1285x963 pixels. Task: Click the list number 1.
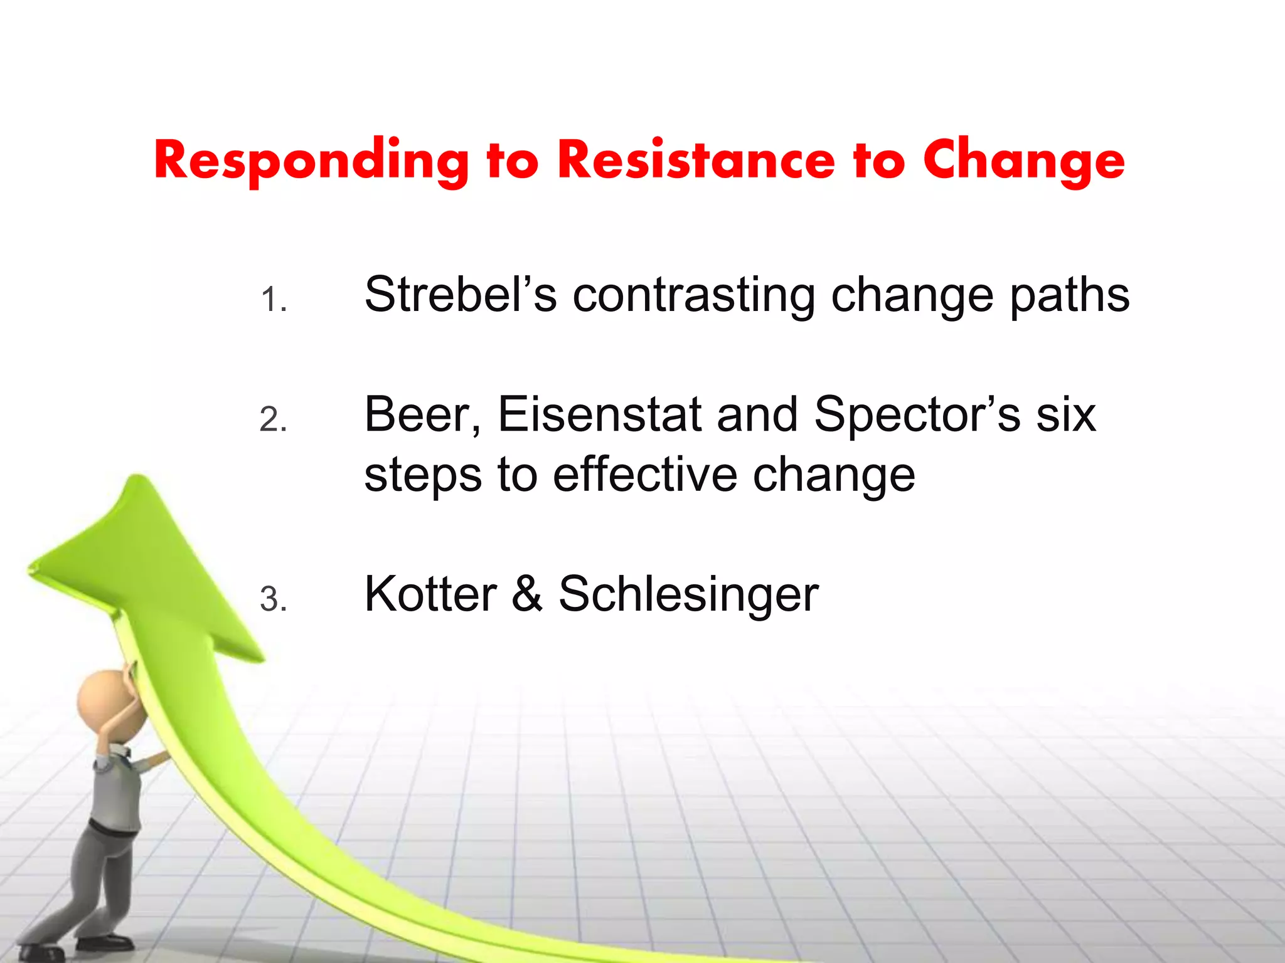tap(274, 300)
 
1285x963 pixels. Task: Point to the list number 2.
tap(274, 419)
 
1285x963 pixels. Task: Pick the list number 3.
tap(274, 599)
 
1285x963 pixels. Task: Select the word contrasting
tap(694, 295)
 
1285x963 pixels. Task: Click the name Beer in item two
tap(422, 414)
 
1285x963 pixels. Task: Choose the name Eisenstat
tap(600, 414)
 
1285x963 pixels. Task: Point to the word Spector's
tap(917, 416)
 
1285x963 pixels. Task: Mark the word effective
tap(645, 474)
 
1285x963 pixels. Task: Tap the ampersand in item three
tap(527, 594)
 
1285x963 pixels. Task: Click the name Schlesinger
tap(688, 595)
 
